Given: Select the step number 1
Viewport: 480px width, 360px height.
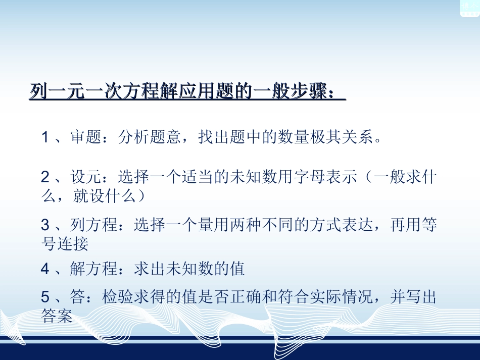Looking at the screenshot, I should (45, 137).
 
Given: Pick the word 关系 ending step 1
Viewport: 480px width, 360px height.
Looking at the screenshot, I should (363, 137).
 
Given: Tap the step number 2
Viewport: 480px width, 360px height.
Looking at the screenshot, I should (45, 178).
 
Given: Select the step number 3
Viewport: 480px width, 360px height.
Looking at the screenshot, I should (45, 226).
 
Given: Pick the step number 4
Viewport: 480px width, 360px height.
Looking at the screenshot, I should (45, 269).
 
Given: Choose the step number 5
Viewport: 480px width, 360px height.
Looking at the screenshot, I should (45, 297).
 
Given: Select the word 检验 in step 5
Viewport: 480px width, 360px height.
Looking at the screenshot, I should (117, 297).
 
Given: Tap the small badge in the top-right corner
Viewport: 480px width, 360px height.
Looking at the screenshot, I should (469, 8).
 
